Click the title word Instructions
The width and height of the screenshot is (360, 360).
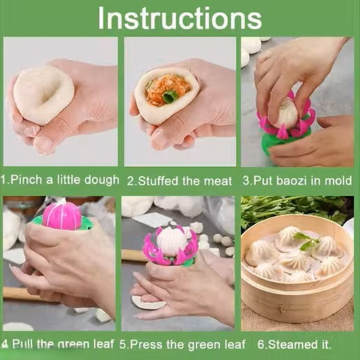click(x=180, y=18)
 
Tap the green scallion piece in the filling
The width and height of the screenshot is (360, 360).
click(x=170, y=96)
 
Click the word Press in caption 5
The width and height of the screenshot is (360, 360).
click(x=147, y=344)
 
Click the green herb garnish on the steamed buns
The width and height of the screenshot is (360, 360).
click(x=307, y=241)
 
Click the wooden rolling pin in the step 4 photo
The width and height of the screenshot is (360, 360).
click(x=20, y=293)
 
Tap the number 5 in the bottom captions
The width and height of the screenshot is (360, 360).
click(x=123, y=344)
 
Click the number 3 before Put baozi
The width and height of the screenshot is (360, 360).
click(x=246, y=181)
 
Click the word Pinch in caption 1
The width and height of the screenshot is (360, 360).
click(x=27, y=180)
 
